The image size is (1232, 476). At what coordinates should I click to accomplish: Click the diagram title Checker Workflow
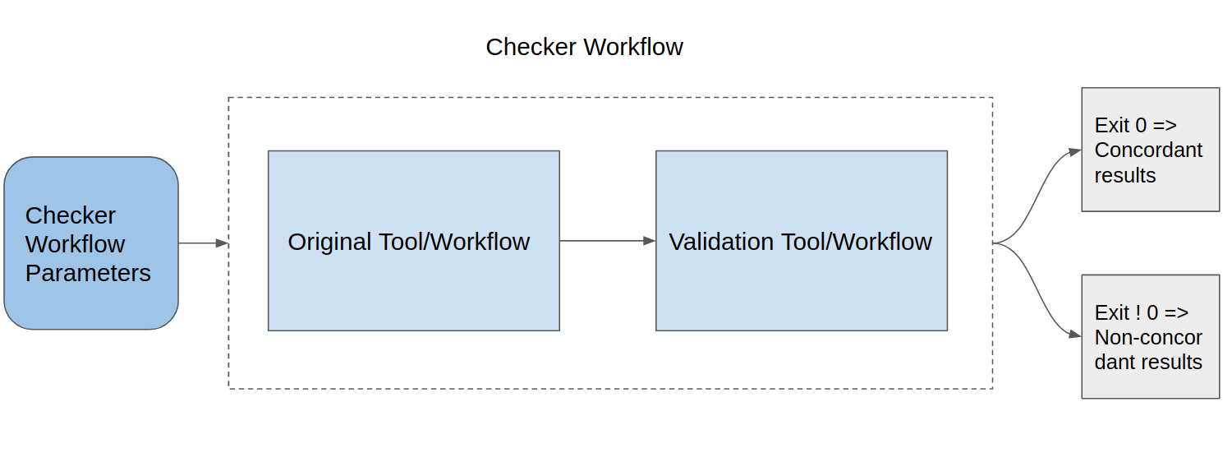(584, 47)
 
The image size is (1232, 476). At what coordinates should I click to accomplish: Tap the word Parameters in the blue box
(88, 273)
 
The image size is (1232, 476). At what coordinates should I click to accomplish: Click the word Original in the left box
(329, 242)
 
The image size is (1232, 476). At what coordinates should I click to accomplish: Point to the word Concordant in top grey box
(1148, 150)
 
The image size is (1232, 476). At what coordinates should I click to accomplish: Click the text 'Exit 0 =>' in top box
(1135, 126)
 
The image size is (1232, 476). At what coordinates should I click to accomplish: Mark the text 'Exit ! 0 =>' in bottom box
(1141, 313)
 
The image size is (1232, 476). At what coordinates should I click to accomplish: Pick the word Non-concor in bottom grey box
(1148, 338)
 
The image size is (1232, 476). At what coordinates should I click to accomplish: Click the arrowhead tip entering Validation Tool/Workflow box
(653, 241)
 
